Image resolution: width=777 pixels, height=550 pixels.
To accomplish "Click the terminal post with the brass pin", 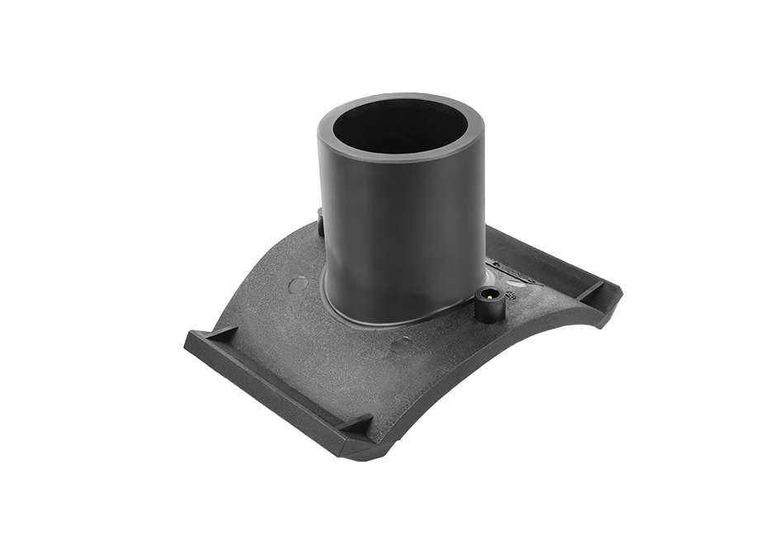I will point(488,305).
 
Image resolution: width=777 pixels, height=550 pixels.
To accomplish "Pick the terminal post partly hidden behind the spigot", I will point(320,221).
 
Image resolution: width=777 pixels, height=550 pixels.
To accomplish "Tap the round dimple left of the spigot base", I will point(299,284).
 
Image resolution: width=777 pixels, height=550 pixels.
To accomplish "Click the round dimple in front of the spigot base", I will point(400,344).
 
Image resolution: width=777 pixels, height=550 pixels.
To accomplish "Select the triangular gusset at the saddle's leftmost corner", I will point(221,334).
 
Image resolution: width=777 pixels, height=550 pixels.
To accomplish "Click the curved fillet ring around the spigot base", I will point(388,314).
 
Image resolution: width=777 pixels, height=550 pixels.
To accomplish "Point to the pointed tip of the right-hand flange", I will point(620,291).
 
